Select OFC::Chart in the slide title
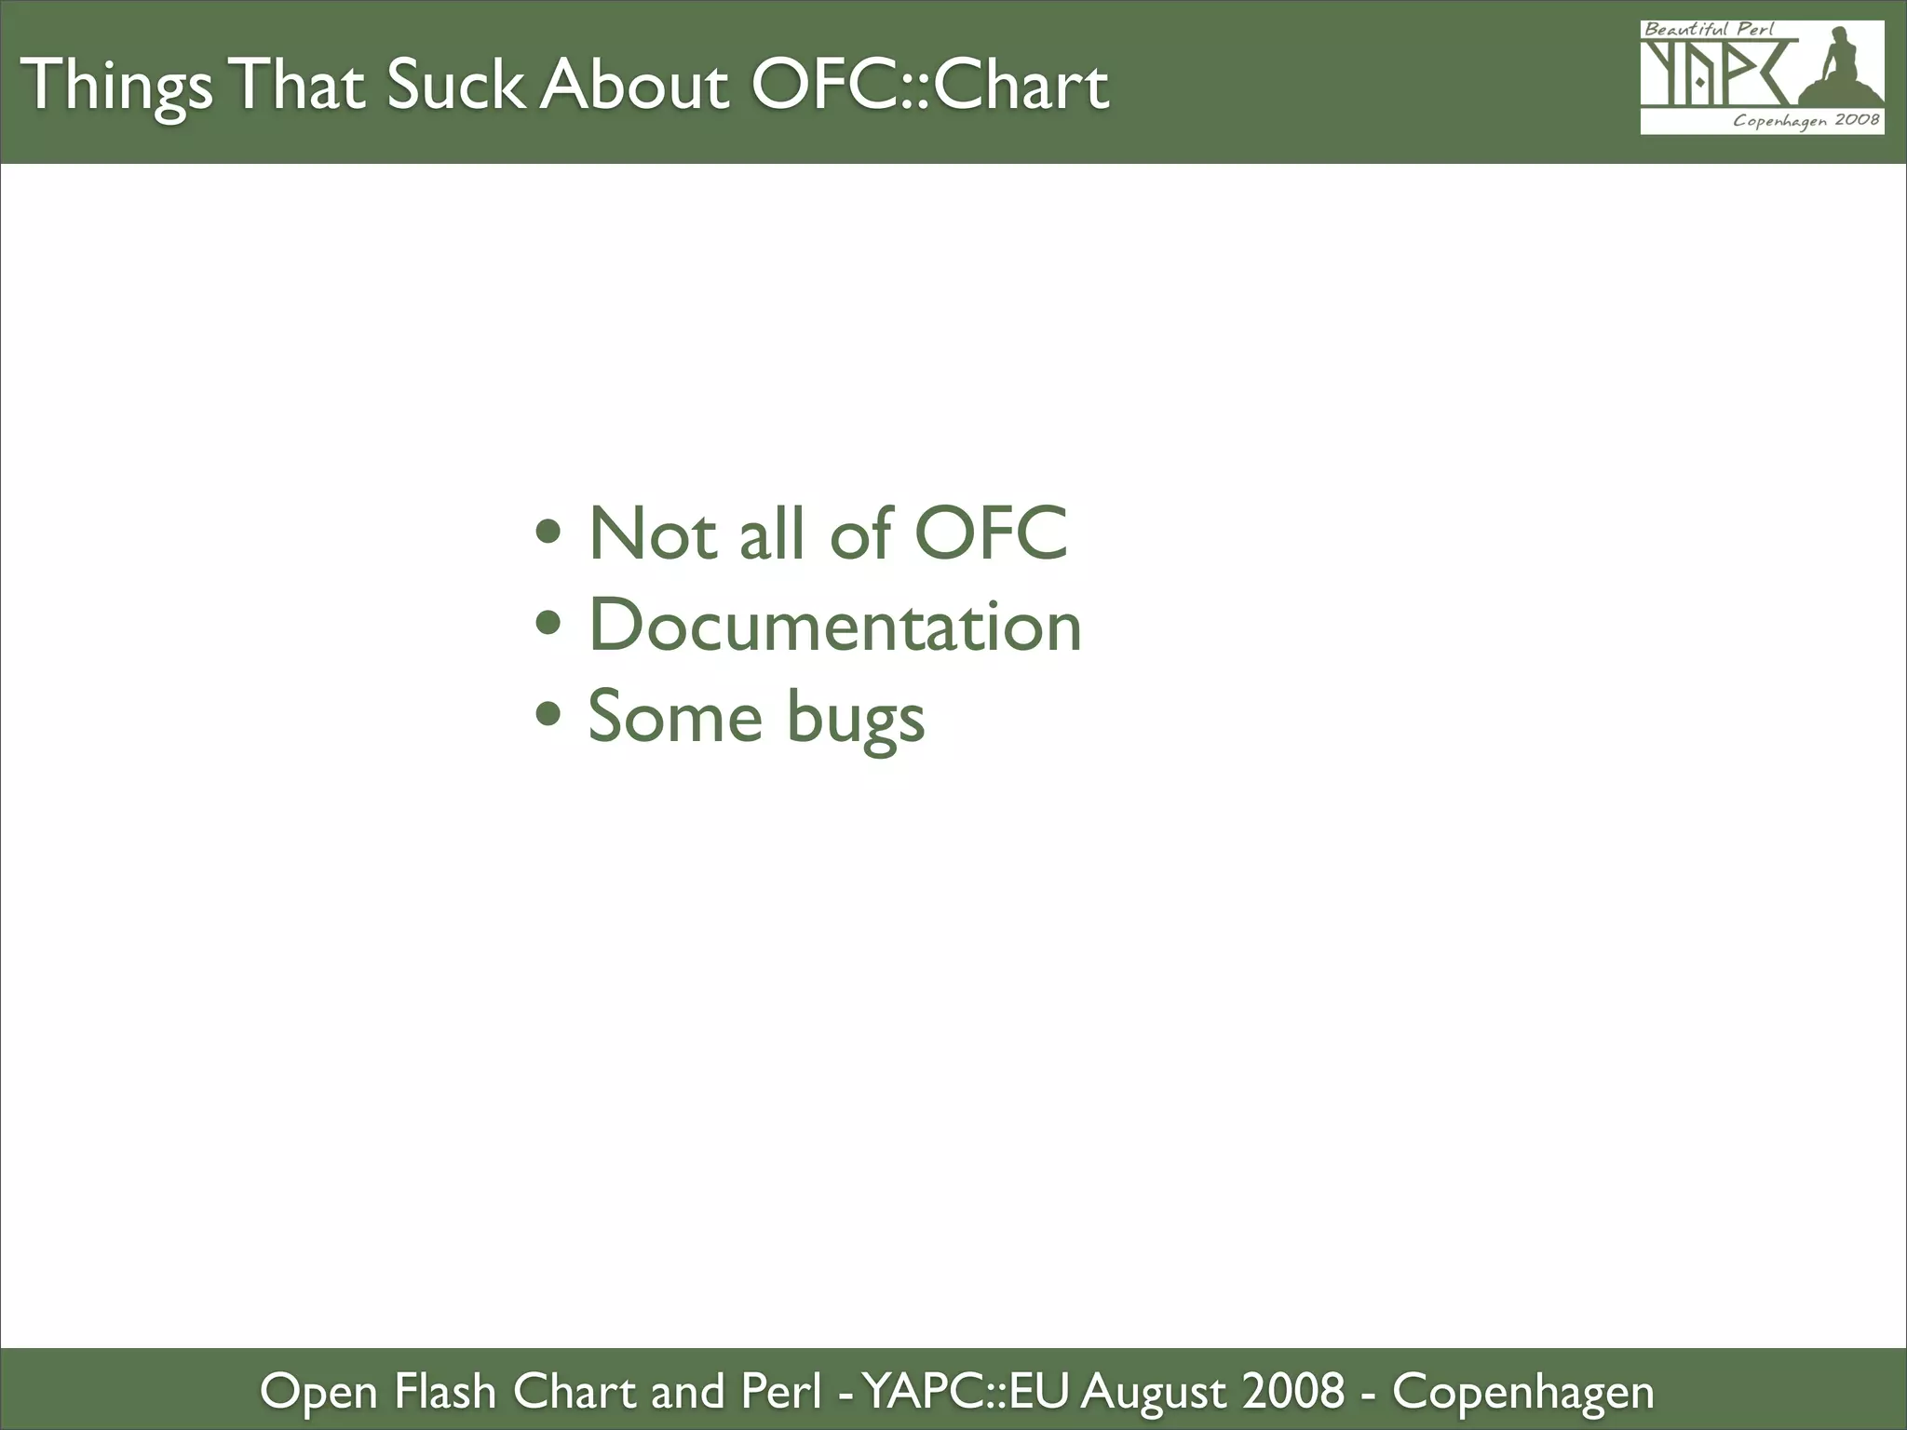(x=929, y=86)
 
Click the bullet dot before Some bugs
(x=548, y=714)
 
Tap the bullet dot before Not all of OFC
(x=548, y=533)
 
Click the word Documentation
(x=835, y=625)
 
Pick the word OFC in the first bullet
(x=991, y=533)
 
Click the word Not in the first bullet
(x=653, y=533)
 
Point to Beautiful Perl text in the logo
(x=1709, y=29)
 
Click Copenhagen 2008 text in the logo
(x=1806, y=120)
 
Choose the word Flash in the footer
(x=444, y=1391)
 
